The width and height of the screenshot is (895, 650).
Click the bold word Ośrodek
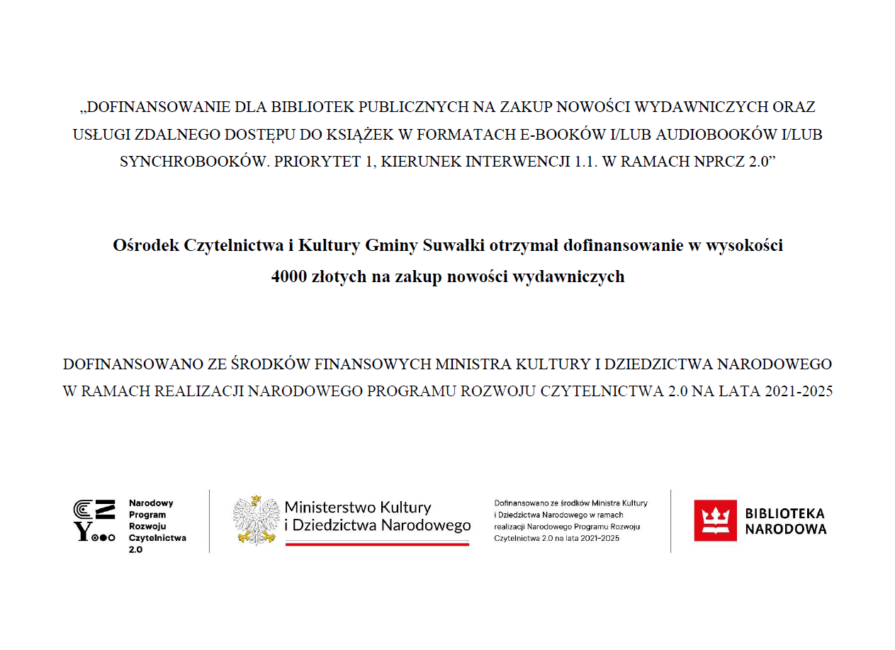click(x=145, y=245)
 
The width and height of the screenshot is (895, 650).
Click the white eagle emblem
click(x=255, y=520)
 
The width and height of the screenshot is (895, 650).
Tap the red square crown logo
click(x=715, y=520)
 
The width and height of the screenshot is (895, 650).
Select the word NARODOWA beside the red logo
click(x=786, y=529)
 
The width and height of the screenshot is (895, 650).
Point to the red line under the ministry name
click(x=377, y=544)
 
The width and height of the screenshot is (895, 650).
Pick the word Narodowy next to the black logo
click(x=151, y=503)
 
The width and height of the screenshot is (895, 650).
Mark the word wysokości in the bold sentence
click(x=748, y=245)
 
